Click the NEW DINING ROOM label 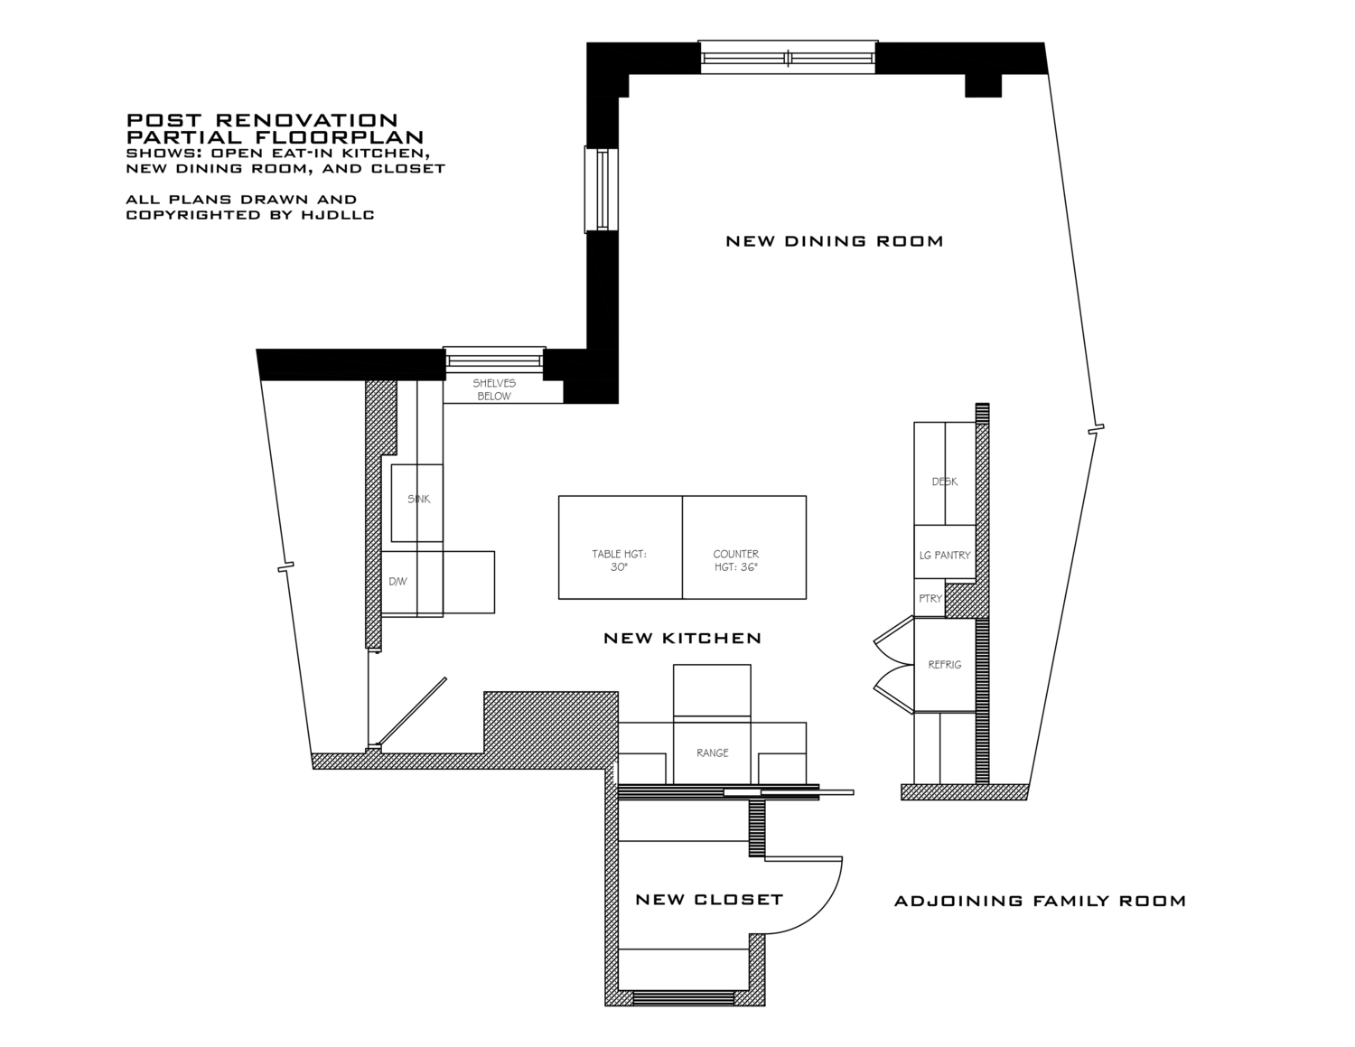pyautogui.click(x=835, y=241)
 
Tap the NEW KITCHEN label pyautogui.click(x=683, y=638)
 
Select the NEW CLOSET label pyautogui.click(x=709, y=900)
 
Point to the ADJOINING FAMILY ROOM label pyautogui.click(x=1040, y=901)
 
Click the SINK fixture pyautogui.click(x=417, y=503)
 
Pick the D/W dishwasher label pyautogui.click(x=397, y=582)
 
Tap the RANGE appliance pyautogui.click(x=712, y=753)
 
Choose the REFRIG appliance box pyautogui.click(x=945, y=665)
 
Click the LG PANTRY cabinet pyautogui.click(x=945, y=552)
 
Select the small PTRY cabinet pyautogui.click(x=930, y=598)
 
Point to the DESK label pyautogui.click(x=945, y=481)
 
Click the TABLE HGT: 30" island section pyautogui.click(x=621, y=547)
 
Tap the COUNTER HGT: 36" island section pyautogui.click(x=744, y=547)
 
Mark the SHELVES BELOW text pyautogui.click(x=494, y=389)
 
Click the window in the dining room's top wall pyautogui.click(x=789, y=58)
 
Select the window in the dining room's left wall pyautogui.click(x=602, y=190)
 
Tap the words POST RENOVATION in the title pyautogui.click(x=262, y=120)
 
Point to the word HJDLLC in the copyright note pyautogui.click(x=341, y=215)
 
